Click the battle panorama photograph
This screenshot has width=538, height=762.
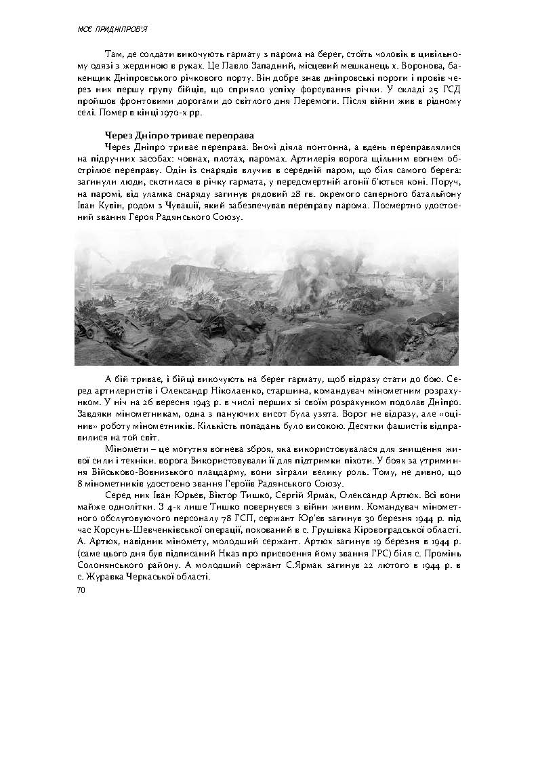(x=266, y=297)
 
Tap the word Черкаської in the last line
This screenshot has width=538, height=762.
(x=157, y=577)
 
